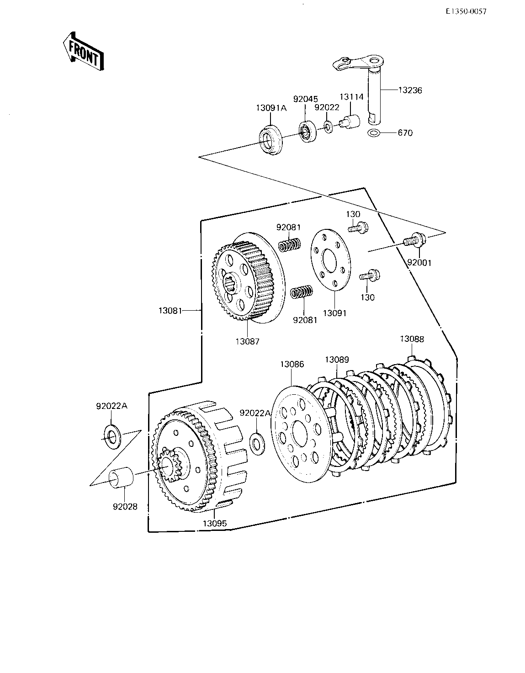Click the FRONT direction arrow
point(83,51)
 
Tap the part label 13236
point(410,90)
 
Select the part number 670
point(405,133)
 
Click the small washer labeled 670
point(375,133)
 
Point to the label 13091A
point(271,108)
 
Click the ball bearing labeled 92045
point(307,131)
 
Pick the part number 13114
point(351,97)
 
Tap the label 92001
point(419,263)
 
